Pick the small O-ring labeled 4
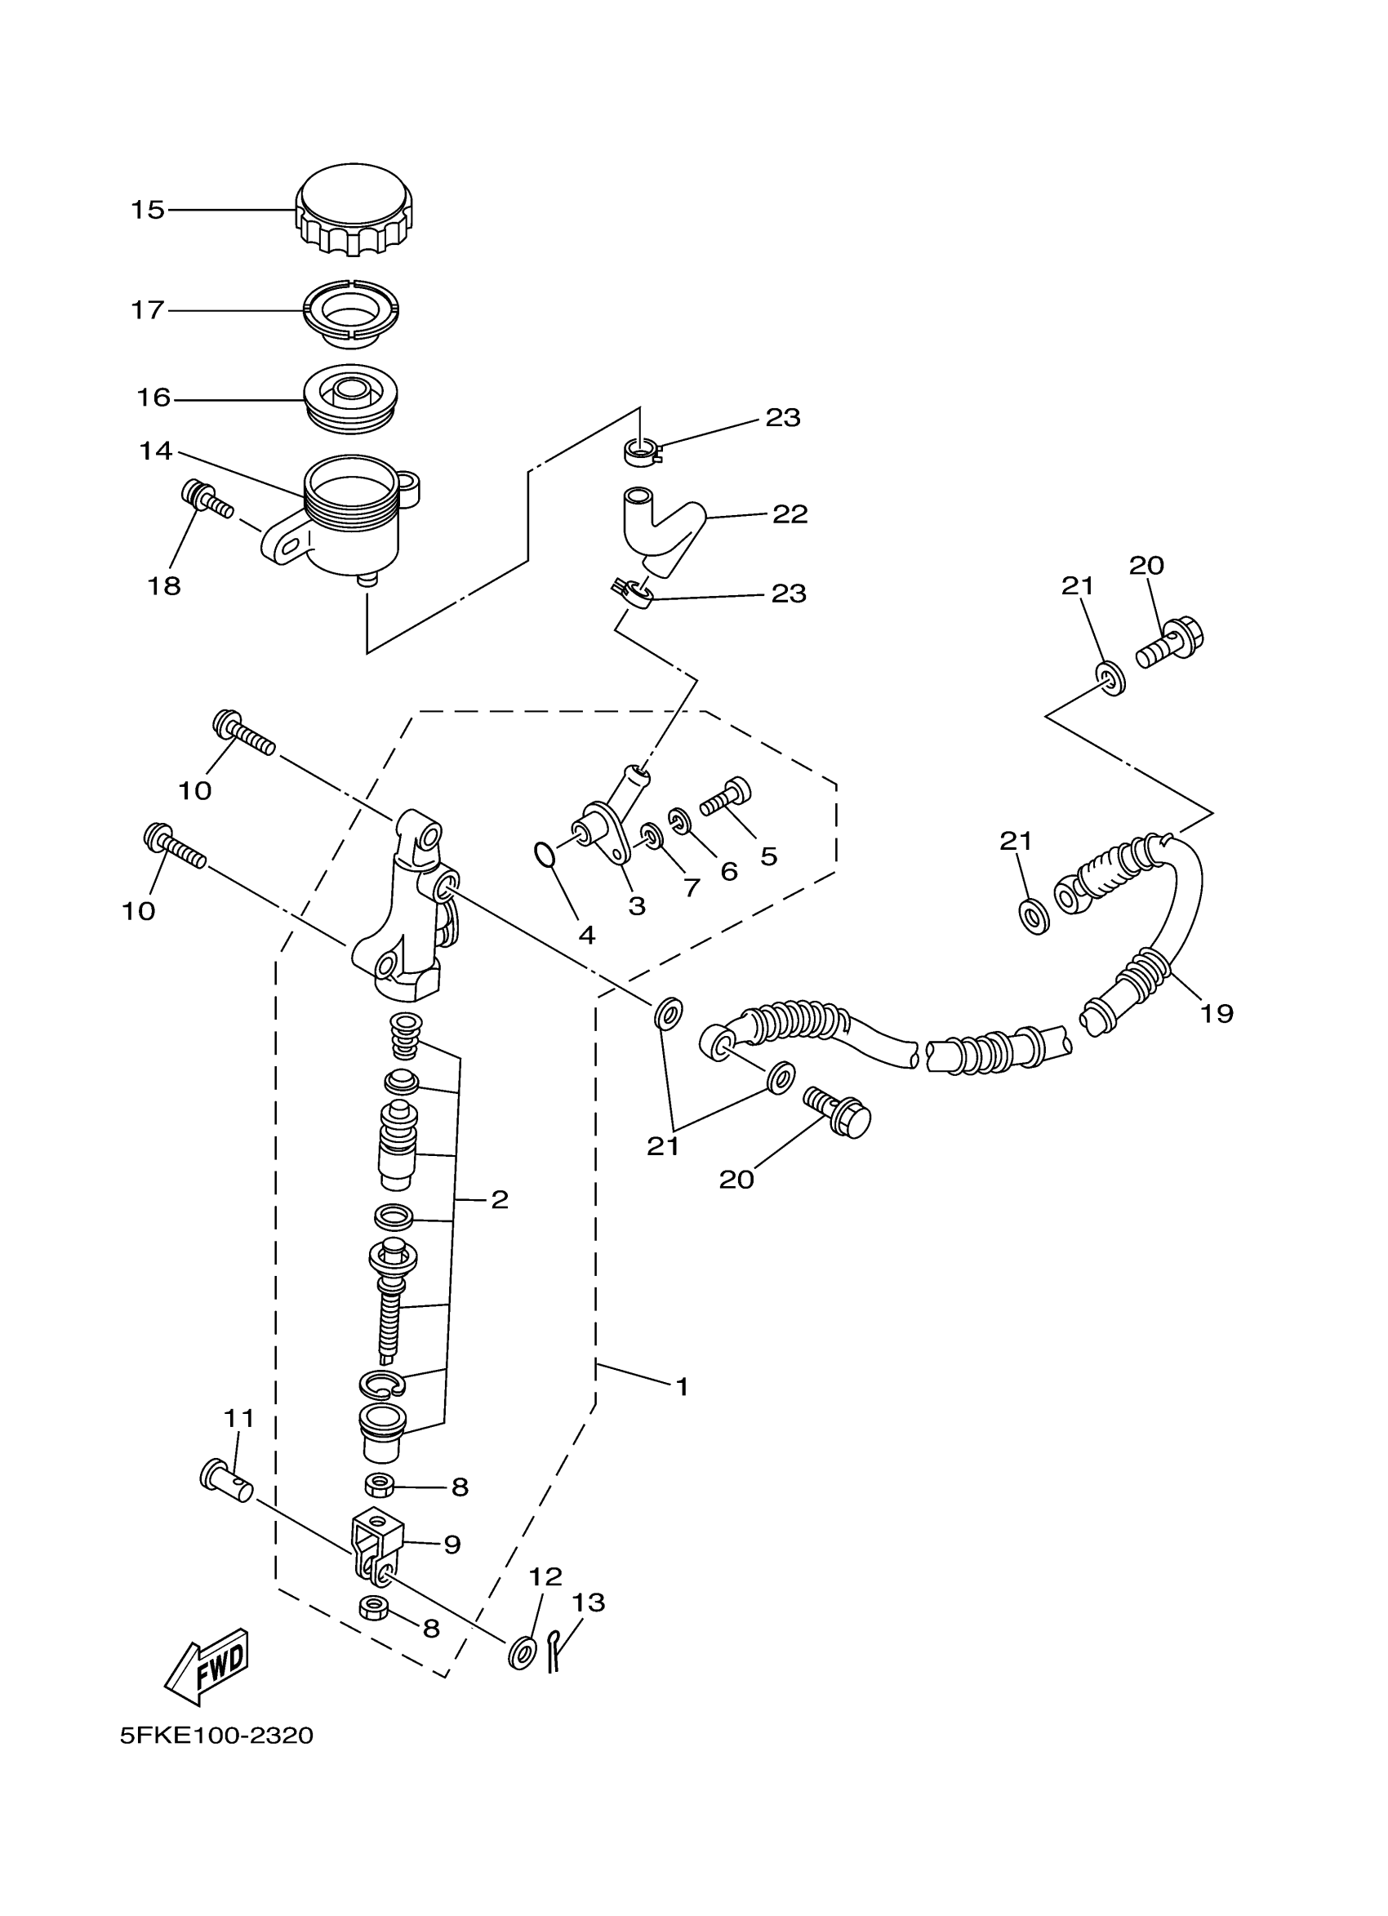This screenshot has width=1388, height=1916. click(545, 855)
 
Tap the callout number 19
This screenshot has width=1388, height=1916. click(1217, 1013)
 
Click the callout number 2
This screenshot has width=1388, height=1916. click(500, 1199)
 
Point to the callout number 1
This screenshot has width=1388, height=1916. click(682, 1386)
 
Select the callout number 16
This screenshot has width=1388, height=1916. click(153, 397)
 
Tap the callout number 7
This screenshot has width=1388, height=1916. click(692, 887)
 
